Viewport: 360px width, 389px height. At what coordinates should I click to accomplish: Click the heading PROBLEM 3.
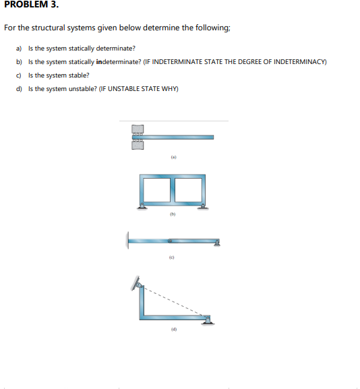click(32, 4)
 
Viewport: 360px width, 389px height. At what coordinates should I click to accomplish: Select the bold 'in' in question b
click(99, 62)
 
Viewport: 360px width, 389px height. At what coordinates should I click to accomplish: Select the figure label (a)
click(174, 157)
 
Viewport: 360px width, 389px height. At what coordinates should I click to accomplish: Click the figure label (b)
click(173, 214)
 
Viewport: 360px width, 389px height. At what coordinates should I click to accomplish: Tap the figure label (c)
click(171, 258)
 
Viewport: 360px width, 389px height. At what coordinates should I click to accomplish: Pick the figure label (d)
click(174, 330)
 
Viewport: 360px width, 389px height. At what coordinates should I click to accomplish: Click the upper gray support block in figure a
click(138, 129)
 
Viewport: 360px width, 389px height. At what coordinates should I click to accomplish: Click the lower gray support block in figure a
click(138, 145)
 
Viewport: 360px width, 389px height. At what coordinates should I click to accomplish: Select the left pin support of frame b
click(142, 206)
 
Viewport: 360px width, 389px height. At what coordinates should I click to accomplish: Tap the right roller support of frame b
click(203, 206)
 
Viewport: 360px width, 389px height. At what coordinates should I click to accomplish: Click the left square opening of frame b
click(157, 190)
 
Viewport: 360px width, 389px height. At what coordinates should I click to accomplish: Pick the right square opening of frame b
click(188, 190)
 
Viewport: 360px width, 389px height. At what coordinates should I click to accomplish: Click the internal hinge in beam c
click(170, 241)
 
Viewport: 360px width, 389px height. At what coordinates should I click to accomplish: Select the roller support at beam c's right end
click(217, 243)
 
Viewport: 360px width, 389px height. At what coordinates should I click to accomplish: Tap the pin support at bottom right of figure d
click(208, 320)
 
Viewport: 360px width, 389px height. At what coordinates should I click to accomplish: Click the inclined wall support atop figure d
click(137, 284)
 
